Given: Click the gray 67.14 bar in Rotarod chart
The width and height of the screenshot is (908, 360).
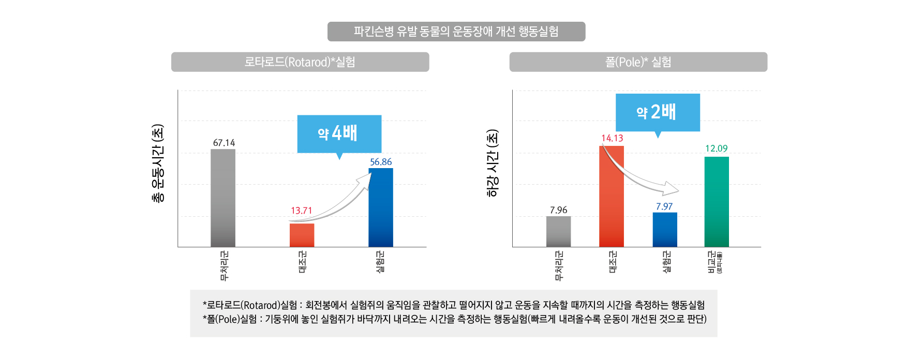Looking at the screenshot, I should coord(222,198).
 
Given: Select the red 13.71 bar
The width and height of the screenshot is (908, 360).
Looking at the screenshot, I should coord(302,235).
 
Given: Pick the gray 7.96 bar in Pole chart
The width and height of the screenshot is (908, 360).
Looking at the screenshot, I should coord(558,231).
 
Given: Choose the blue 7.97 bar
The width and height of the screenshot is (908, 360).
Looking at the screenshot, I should coord(664,230).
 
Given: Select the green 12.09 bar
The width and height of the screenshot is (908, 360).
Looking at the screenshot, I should coord(716,202).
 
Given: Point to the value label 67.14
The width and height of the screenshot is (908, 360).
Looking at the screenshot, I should coord(224,143).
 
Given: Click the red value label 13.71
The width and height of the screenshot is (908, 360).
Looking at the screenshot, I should coord(301,211).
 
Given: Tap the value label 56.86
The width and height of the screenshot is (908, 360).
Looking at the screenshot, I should coord(381,162).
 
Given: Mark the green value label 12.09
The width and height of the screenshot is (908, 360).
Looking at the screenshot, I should coord(716,148).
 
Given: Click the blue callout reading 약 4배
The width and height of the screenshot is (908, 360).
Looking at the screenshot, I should coord(339,133).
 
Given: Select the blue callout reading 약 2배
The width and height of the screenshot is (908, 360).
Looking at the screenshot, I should coord(657,112).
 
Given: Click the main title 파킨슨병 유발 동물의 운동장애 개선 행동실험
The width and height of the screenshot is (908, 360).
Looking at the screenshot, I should coord(456,32).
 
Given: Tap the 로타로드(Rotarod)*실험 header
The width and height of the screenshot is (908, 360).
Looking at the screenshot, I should coord(300,62).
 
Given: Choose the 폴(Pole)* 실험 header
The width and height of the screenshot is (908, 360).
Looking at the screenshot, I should coord(638,62).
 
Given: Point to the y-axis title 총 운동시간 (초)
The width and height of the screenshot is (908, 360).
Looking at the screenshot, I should coord(158,163).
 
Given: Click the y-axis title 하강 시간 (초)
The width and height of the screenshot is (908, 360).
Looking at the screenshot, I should coord(493,163).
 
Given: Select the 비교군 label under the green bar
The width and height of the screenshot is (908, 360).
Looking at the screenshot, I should coord(713,262).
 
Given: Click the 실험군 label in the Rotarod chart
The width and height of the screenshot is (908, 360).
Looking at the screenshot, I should coord(380,262).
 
